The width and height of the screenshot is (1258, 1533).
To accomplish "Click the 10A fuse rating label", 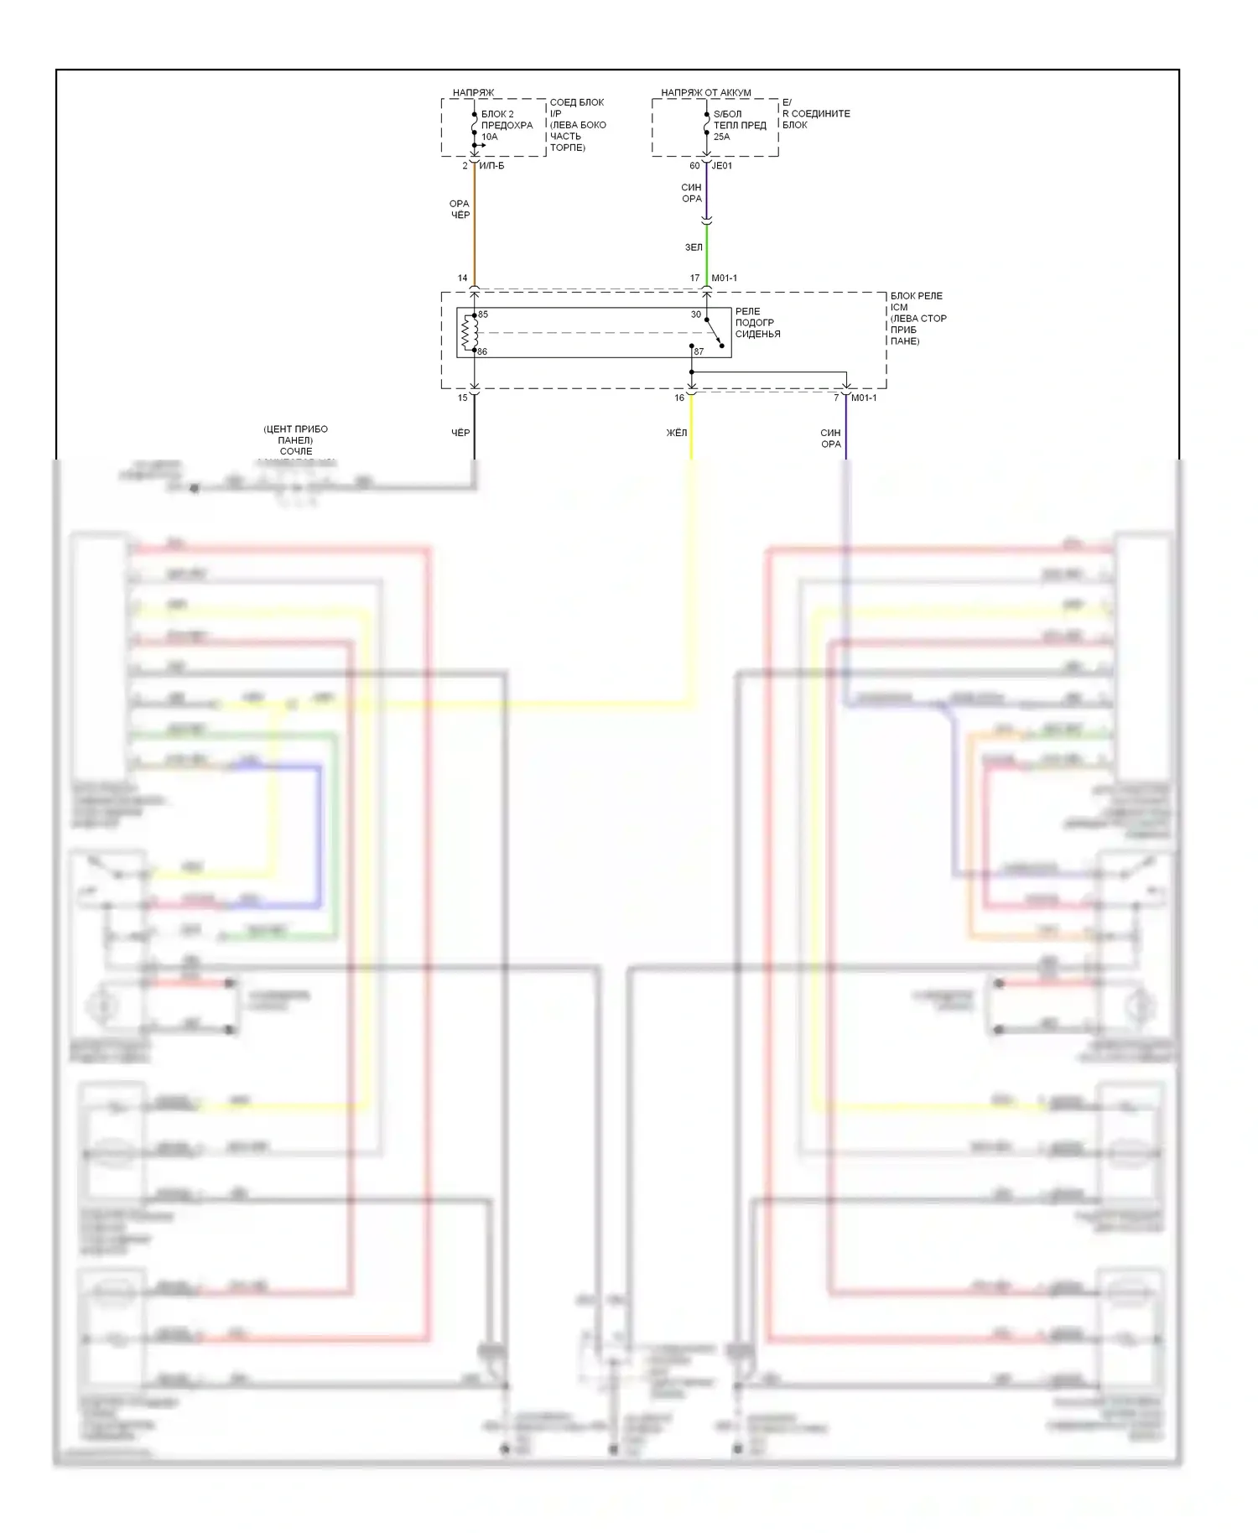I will (489, 137).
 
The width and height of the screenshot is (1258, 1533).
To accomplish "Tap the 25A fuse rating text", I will (721, 137).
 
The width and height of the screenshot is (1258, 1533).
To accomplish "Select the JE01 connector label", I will (722, 166).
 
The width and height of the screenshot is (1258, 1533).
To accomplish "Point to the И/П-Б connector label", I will (491, 166).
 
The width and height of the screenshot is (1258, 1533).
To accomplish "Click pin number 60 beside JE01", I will (694, 166).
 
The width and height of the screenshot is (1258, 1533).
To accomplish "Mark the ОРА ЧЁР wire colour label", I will (460, 210).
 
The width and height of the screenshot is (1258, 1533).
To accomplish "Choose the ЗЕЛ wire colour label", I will (694, 247).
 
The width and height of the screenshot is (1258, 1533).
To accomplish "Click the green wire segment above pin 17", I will (707, 252).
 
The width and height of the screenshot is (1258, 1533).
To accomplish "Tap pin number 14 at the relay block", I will (462, 278).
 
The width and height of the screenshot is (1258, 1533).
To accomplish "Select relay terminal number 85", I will (483, 314).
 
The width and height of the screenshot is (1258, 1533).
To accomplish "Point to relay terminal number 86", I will (482, 351).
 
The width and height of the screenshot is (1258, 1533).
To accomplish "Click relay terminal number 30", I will (696, 314).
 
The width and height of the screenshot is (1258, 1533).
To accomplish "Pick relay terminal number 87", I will (699, 351).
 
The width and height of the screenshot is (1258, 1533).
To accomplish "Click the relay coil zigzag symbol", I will (469, 333).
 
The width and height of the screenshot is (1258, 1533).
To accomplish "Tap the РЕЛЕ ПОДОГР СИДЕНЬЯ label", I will (757, 323).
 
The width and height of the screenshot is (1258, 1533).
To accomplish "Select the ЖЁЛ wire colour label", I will (677, 433).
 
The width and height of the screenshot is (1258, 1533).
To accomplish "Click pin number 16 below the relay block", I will (679, 398).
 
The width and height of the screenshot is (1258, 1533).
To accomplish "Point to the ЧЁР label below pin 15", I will (460, 433).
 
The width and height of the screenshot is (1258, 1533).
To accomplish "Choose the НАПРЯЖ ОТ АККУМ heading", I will (705, 92).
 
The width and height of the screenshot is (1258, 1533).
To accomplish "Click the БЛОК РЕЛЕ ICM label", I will (917, 301).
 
